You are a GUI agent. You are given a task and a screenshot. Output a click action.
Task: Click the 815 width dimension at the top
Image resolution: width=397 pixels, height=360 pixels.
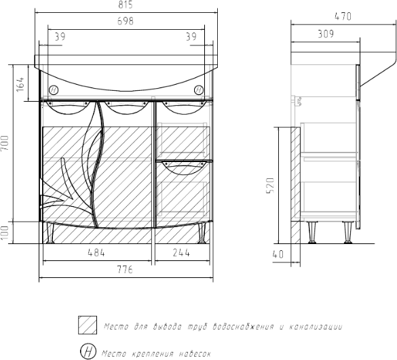click(x=126, y=5)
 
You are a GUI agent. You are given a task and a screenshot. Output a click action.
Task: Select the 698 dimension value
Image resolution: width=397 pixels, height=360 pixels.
click(x=126, y=21)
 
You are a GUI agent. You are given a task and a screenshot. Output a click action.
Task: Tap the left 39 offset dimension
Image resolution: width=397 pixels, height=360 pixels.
click(x=60, y=37)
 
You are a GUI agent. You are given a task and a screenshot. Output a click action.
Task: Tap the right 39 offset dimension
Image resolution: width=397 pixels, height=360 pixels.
click(x=191, y=37)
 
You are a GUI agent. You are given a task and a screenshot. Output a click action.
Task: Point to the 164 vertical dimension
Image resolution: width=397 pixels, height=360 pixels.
click(x=20, y=84)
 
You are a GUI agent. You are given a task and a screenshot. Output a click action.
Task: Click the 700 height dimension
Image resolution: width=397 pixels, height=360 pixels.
click(x=5, y=143)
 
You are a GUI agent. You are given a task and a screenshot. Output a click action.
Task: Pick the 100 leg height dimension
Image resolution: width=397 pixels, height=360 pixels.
click(x=5, y=233)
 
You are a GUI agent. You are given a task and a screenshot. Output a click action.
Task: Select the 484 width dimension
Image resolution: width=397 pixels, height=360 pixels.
click(x=96, y=252)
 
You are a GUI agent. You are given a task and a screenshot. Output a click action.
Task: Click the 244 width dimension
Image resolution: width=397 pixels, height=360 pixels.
click(x=181, y=252)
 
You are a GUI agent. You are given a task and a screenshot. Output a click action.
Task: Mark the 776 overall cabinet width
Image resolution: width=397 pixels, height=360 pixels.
click(x=125, y=270)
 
